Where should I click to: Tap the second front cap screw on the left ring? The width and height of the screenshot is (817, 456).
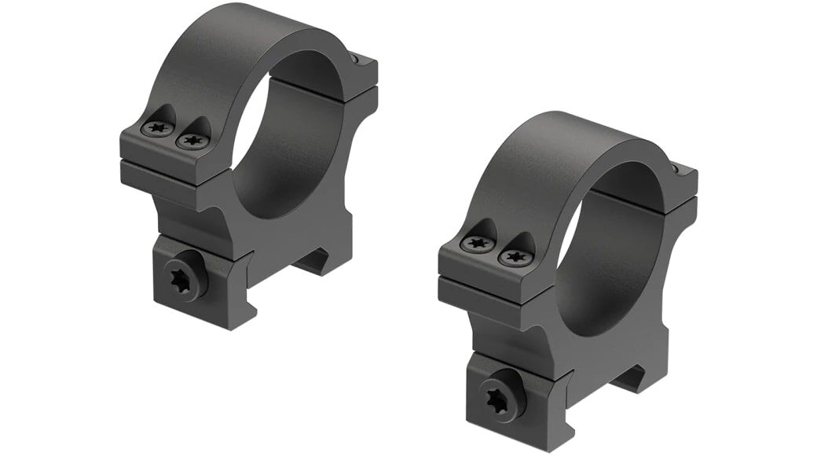tap(192, 142)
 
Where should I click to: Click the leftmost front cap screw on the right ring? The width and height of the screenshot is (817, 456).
tap(477, 243)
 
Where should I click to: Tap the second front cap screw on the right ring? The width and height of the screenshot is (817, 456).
tap(515, 256)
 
